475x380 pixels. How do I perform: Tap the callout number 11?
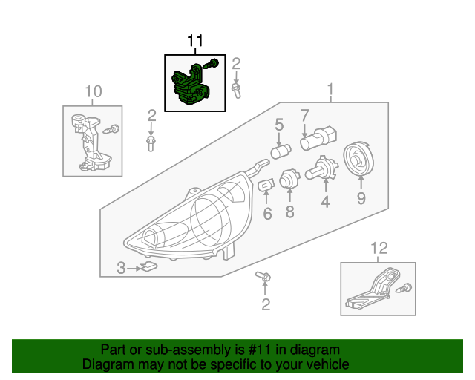tap(194, 40)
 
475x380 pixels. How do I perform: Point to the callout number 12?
tap(379, 247)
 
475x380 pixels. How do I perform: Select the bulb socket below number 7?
tap(318, 138)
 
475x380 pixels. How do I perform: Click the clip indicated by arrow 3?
tap(150, 267)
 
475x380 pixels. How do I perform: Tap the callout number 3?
tap(121, 269)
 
